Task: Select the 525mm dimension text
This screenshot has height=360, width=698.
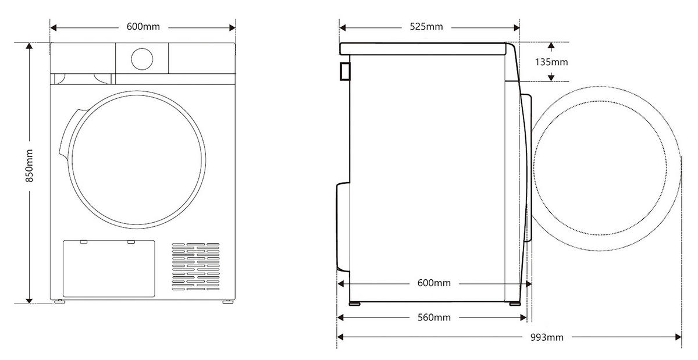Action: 426,27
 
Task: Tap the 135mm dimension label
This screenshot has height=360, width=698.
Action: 551,62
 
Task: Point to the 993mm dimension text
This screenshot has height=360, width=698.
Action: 547,337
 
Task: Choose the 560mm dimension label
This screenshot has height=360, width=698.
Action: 434,318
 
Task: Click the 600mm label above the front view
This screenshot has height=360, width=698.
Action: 143,27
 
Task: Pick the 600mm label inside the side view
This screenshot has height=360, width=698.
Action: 434,283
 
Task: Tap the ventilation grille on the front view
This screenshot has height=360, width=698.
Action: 195,267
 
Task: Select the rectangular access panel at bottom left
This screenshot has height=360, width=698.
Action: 109,268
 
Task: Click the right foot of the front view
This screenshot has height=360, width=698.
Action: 226,301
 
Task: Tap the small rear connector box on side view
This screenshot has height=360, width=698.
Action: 344,70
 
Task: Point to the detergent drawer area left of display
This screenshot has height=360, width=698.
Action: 82,78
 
